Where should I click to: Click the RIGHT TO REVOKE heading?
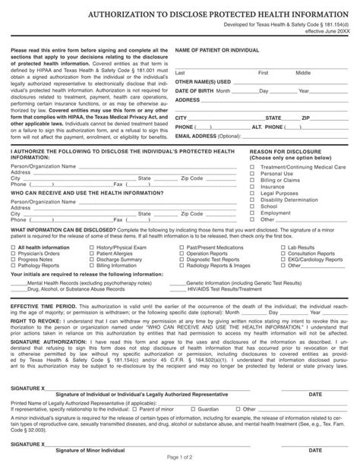[33, 322]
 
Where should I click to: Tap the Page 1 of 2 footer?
[180, 458]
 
